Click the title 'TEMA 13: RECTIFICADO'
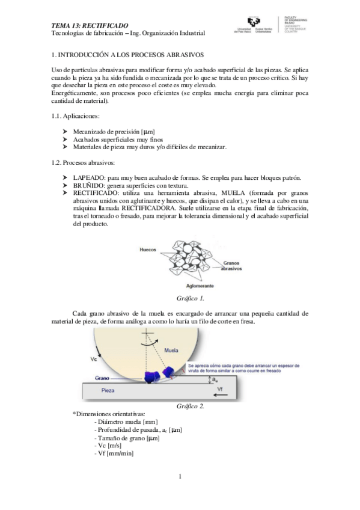point(90,25)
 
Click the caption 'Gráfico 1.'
point(191,298)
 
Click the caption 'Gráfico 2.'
point(191,406)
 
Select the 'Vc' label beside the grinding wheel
point(94,359)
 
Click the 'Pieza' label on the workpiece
point(108,390)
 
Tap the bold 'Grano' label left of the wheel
point(102,378)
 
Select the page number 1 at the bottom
point(180,477)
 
